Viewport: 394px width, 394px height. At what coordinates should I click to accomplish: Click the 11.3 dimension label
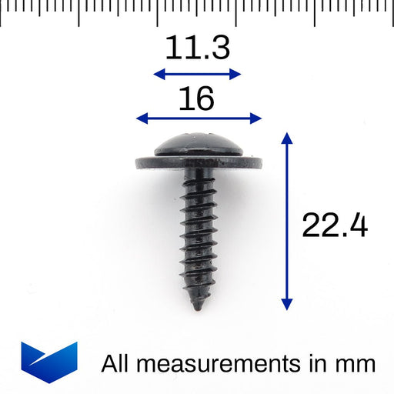pyautogui.click(x=198, y=49)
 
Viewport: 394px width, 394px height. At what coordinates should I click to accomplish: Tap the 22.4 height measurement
pyautogui.click(x=334, y=225)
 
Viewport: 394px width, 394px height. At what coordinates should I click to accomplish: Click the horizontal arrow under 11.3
pyautogui.click(x=198, y=74)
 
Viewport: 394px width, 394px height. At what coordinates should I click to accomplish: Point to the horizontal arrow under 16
pyautogui.click(x=199, y=118)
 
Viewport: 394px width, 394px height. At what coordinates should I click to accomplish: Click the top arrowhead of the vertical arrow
pyautogui.click(x=287, y=139)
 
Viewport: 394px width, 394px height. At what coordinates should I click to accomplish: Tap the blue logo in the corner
pyautogui.click(x=49, y=359)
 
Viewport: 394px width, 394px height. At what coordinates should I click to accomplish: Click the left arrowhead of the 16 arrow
pyautogui.click(x=141, y=118)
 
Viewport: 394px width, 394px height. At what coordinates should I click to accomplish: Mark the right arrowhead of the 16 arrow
pyautogui.click(x=257, y=118)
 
